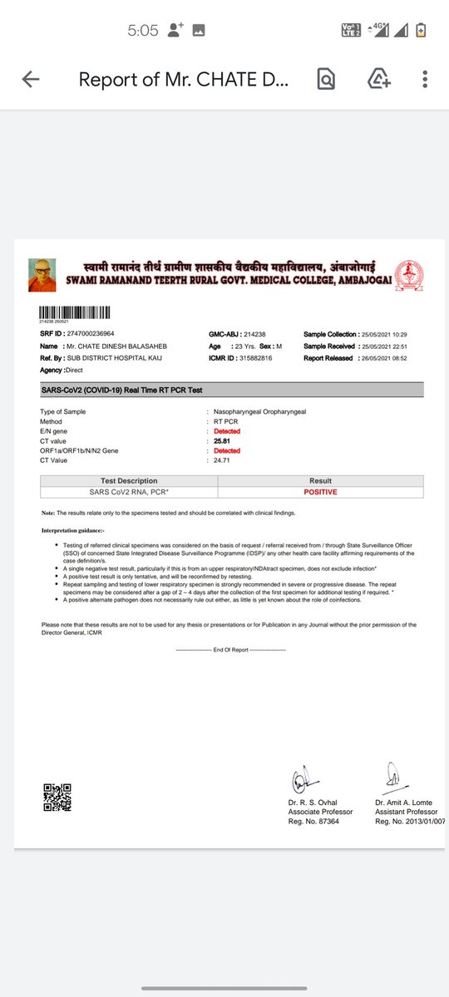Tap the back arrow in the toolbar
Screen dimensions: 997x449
click(31, 80)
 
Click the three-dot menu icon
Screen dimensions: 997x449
click(425, 80)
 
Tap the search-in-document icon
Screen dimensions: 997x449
click(326, 80)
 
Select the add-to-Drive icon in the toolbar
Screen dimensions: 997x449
click(379, 80)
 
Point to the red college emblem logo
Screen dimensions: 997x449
click(408, 274)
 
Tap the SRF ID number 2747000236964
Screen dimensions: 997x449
click(91, 333)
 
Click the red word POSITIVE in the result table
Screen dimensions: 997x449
click(320, 492)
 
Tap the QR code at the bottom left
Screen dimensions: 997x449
click(57, 798)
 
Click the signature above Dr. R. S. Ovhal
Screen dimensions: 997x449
click(301, 781)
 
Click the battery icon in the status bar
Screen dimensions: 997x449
click(422, 31)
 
